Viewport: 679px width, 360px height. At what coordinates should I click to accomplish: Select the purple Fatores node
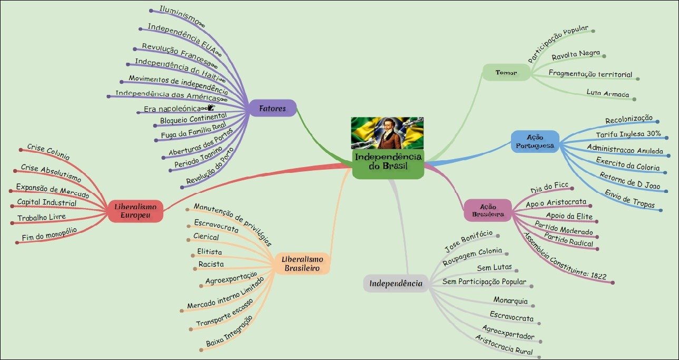272,109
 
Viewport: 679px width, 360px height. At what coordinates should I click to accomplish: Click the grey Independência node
396,284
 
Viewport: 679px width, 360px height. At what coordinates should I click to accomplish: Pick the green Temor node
506,72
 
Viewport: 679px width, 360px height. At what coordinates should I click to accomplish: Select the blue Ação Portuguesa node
535,141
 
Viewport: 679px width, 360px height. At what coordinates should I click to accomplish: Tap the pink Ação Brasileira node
488,210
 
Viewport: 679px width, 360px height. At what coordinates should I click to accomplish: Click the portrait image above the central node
388,133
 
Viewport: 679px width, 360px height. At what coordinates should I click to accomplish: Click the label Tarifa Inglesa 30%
632,134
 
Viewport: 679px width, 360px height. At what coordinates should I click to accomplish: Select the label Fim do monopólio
50,233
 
